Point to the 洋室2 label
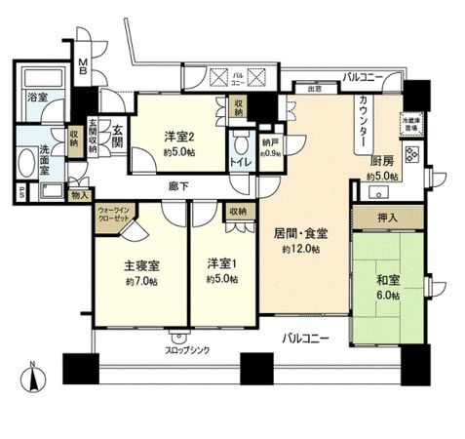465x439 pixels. pos(181,138)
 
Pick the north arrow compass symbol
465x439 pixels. pos(34,377)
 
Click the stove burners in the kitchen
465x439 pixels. pos(410,153)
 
